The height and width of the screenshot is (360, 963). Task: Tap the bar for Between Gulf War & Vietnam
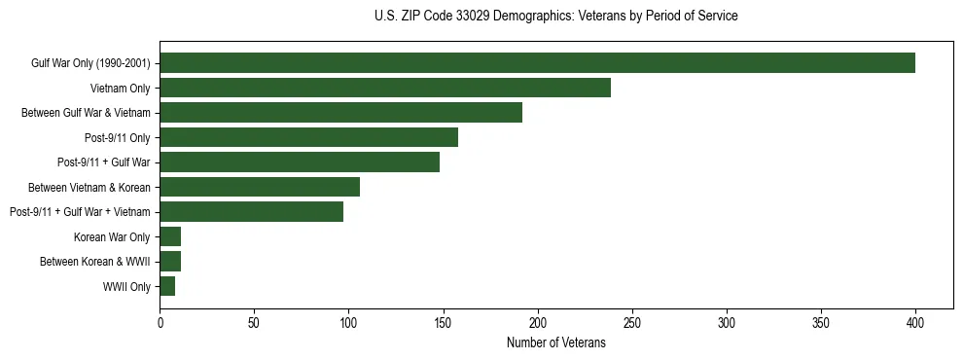(x=340, y=113)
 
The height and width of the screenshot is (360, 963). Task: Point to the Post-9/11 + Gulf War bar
(x=300, y=162)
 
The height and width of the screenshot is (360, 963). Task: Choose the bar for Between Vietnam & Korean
(x=260, y=187)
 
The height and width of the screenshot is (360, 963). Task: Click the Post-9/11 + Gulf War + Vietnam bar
(x=251, y=211)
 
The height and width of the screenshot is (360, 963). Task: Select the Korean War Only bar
(x=170, y=236)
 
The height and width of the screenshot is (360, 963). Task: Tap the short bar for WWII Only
(x=167, y=286)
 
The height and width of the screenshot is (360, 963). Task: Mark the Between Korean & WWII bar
(x=170, y=261)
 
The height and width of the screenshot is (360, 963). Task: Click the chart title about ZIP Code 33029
(x=555, y=17)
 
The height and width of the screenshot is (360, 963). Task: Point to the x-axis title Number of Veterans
(x=555, y=343)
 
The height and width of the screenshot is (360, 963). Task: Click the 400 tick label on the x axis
(x=915, y=323)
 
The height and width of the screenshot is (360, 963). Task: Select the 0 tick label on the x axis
(x=160, y=323)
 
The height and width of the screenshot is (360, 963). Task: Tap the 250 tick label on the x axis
(x=632, y=323)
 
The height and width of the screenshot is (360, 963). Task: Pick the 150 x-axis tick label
(x=443, y=323)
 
